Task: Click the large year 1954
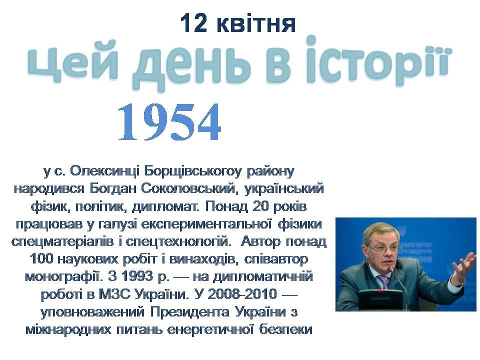169,122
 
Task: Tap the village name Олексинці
104,171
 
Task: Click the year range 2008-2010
242,294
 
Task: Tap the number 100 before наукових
42,259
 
